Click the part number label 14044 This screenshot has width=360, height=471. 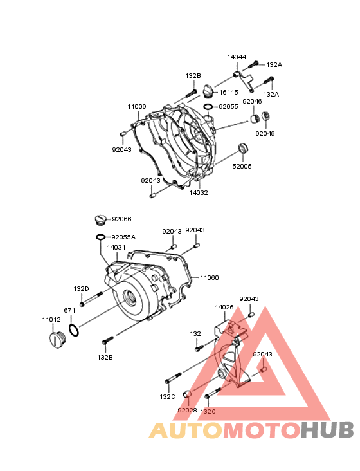(237, 57)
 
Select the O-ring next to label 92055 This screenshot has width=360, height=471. (208, 107)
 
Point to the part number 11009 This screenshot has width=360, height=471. (137, 107)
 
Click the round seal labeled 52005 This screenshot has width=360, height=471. (243, 149)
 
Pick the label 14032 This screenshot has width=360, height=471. (199, 193)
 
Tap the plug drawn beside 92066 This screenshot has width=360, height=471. (100, 219)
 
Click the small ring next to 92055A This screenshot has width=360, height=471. (101, 237)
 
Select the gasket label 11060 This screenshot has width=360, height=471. (210, 278)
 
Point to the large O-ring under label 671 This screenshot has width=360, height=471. (74, 330)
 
